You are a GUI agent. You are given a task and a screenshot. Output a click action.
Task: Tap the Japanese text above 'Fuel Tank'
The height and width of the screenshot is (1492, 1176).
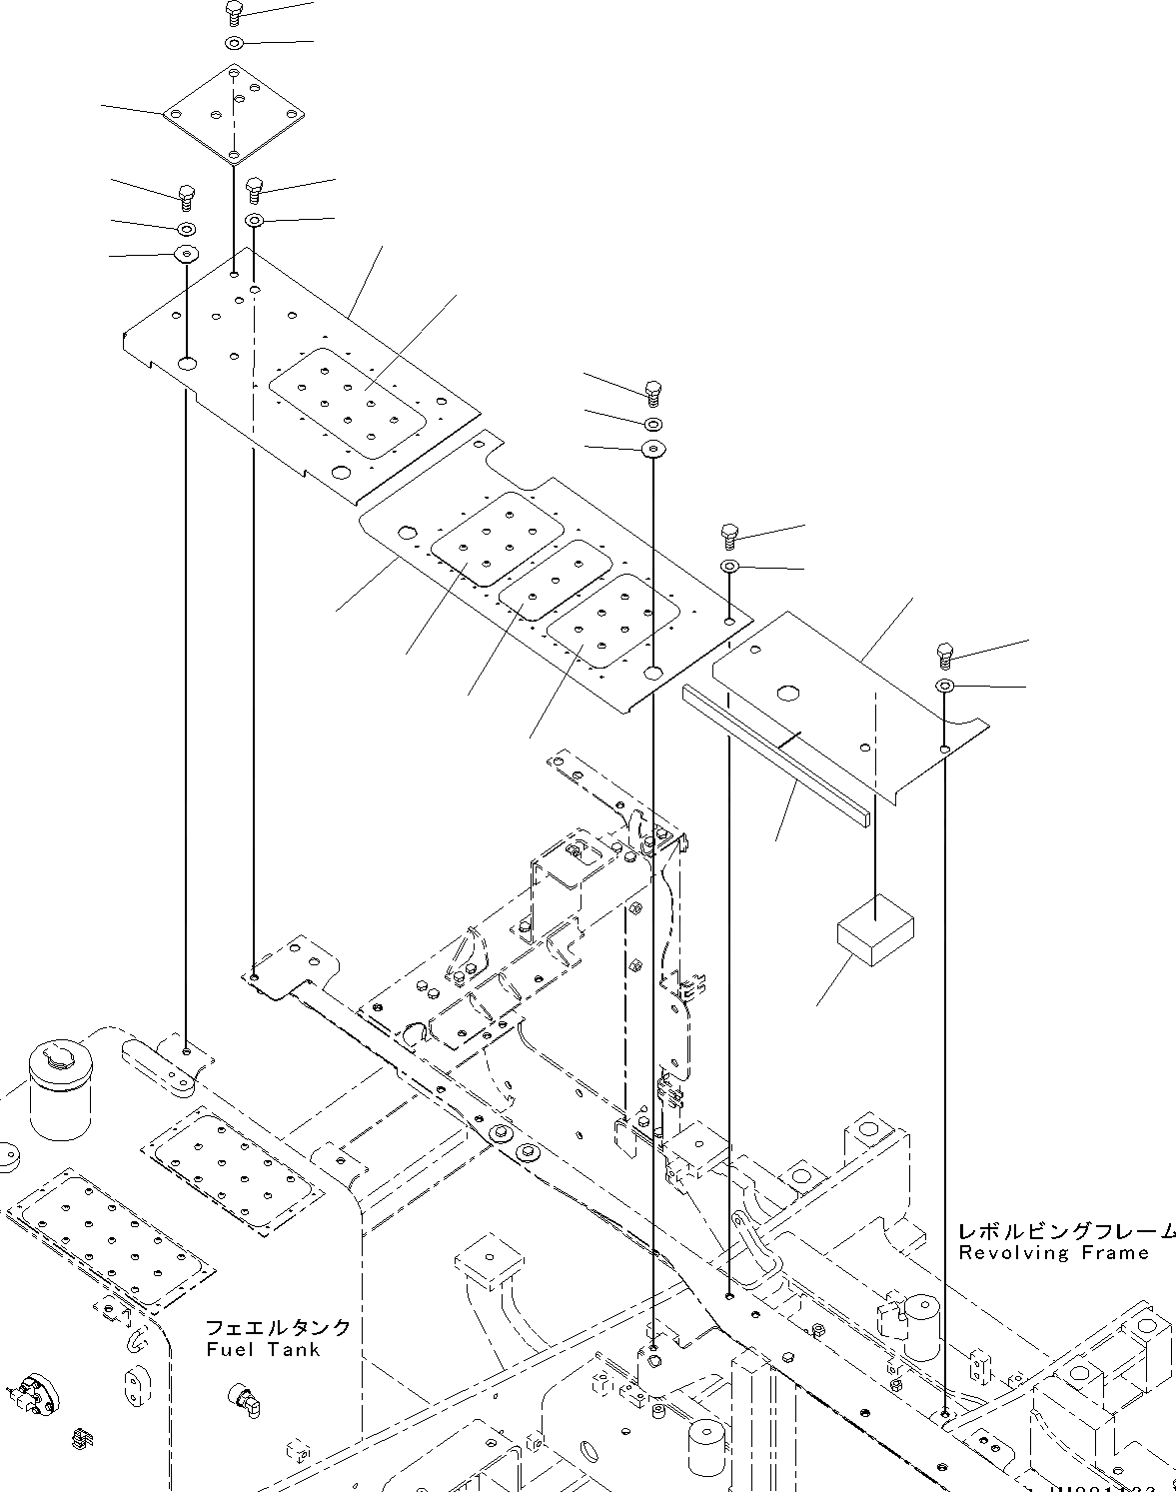click(x=278, y=1327)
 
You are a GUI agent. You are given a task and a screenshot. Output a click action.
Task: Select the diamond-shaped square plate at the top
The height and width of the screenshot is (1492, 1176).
click(x=233, y=113)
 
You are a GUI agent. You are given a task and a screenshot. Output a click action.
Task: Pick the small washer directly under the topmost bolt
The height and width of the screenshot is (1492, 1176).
click(x=234, y=44)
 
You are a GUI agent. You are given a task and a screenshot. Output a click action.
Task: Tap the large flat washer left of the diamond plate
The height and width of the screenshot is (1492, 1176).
click(x=186, y=254)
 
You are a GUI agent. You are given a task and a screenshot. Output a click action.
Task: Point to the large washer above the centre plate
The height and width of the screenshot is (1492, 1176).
click(x=653, y=448)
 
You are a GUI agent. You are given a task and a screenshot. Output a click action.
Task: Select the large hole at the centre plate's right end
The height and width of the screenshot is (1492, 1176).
click(x=653, y=674)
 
